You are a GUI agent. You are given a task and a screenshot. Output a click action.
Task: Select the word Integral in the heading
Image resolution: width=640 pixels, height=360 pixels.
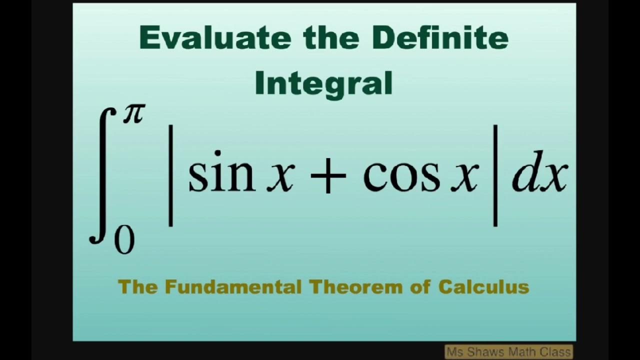(x=323, y=84)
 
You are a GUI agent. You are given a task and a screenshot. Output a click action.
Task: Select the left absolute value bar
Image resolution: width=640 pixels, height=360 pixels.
(x=170, y=176)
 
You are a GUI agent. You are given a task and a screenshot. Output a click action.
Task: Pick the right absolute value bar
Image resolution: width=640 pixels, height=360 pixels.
(x=495, y=176)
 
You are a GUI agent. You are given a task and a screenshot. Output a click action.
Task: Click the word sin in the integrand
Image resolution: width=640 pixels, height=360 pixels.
(x=221, y=176)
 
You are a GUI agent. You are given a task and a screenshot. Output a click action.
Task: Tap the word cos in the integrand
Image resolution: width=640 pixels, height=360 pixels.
(x=401, y=176)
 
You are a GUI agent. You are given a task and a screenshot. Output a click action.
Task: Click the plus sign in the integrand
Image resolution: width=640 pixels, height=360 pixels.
(x=328, y=177)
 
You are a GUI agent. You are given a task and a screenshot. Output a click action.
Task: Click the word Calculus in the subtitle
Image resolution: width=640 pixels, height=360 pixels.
(x=483, y=287)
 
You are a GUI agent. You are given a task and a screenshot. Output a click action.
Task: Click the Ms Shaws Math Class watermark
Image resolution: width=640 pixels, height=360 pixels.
(x=509, y=352)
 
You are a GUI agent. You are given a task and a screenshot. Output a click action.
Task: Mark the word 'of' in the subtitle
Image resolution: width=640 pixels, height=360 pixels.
(x=421, y=287)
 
